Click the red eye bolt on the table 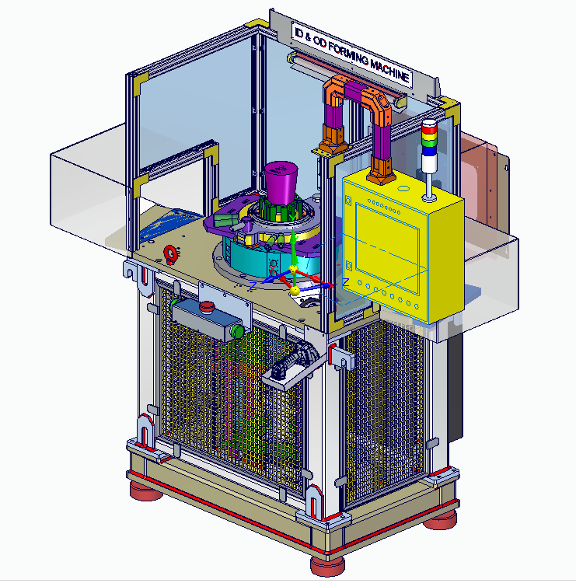[x=170, y=254]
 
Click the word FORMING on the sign [x=348, y=54]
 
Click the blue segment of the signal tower [x=429, y=151]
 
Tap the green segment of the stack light [x=429, y=143]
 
